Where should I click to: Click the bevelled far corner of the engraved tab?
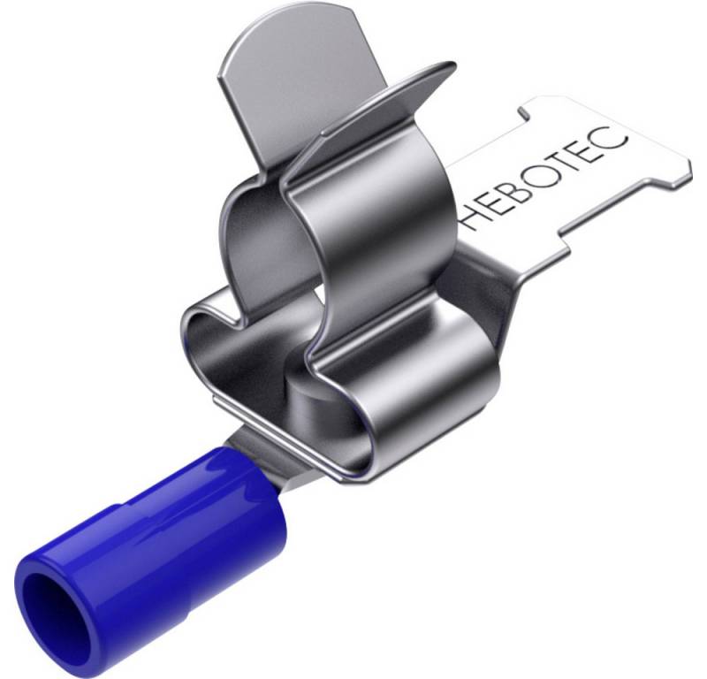tap(680, 178)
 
